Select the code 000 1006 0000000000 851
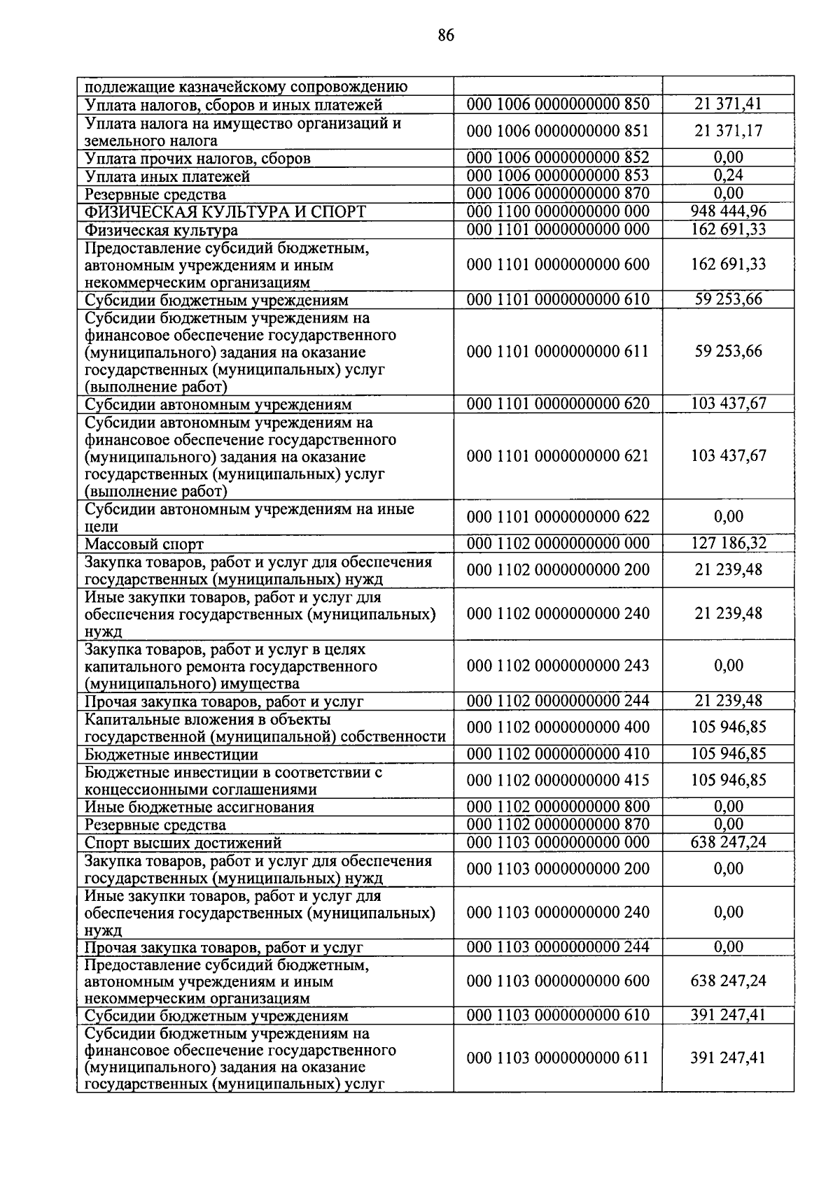pyautogui.click(x=558, y=131)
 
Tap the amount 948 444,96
pyautogui.click(x=728, y=211)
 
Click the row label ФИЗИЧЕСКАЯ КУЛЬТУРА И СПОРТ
pyautogui.click(x=225, y=212)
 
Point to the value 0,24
pyautogui.click(x=728, y=176)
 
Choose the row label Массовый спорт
pyautogui.click(x=144, y=544)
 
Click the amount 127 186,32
pyautogui.click(x=728, y=543)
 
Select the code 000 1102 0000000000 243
pyautogui.click(x=558, y=666)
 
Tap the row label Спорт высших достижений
pyautogui.click(x=183, y=843)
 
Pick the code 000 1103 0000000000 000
pyautogui.click(x=558, y=842)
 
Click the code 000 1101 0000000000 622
pyautogui.click(x=558, y=517)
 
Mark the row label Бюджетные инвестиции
pyautogui.click(x=171, y=755)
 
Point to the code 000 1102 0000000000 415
pyautogui.click(x=558, y=780)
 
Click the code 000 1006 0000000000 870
pyautogui.click(x=558, y=193)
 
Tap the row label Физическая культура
pyautogui.click(x=161, y=230)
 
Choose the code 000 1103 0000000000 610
pyautogui.click(x=558, y=1015)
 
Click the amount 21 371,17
pyautogui.click(x=728, y=131)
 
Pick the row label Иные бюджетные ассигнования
pyautogui.click(x=199, y=807)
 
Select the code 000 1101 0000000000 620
pyautogui.click(x=558, y=404)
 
